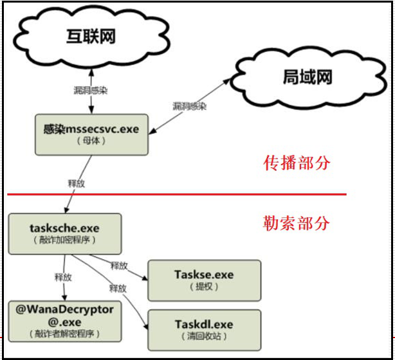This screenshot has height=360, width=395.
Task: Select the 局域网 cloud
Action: pyautogui.click(x=308, y=78)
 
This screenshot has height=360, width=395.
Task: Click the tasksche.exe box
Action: pyautogui.click(x=64, y=233)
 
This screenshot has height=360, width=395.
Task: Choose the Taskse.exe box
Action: pyautogui.click(x=204, y=280)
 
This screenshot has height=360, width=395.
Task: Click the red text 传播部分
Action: pyautogui.click(x=297, y=163)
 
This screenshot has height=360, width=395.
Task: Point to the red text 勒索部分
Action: pyautogui.click(x=297, y=222)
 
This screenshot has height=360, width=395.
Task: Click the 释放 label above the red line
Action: pyautogui.click(x=77, y=183)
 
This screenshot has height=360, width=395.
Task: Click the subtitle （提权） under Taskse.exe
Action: pyautogui.click(x=204, y=287)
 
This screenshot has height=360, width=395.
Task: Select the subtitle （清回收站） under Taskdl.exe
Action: pyautogui.click(x=204, y=336)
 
